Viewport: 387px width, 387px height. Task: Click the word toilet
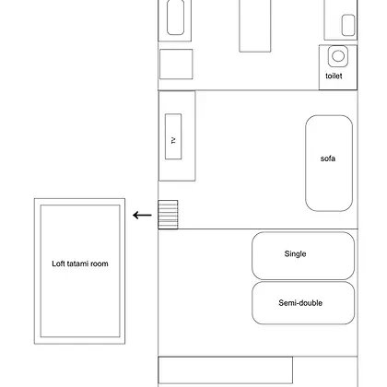[334, 76]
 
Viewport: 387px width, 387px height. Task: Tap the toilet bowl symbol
[338, 56]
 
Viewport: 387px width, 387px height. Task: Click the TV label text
[173, 141]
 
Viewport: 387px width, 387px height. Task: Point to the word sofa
[328, 158]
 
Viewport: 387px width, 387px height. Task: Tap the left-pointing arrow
[142, 216]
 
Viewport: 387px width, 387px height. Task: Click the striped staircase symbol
[168, 215]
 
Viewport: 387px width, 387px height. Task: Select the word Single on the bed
[295, 254]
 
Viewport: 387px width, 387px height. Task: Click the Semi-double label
[300, 303]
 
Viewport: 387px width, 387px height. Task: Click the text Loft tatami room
[80, 264]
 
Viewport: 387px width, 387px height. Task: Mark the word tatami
[77, 264]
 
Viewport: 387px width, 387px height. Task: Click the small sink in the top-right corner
[348, 25]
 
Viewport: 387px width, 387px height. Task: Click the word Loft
[57, 264]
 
